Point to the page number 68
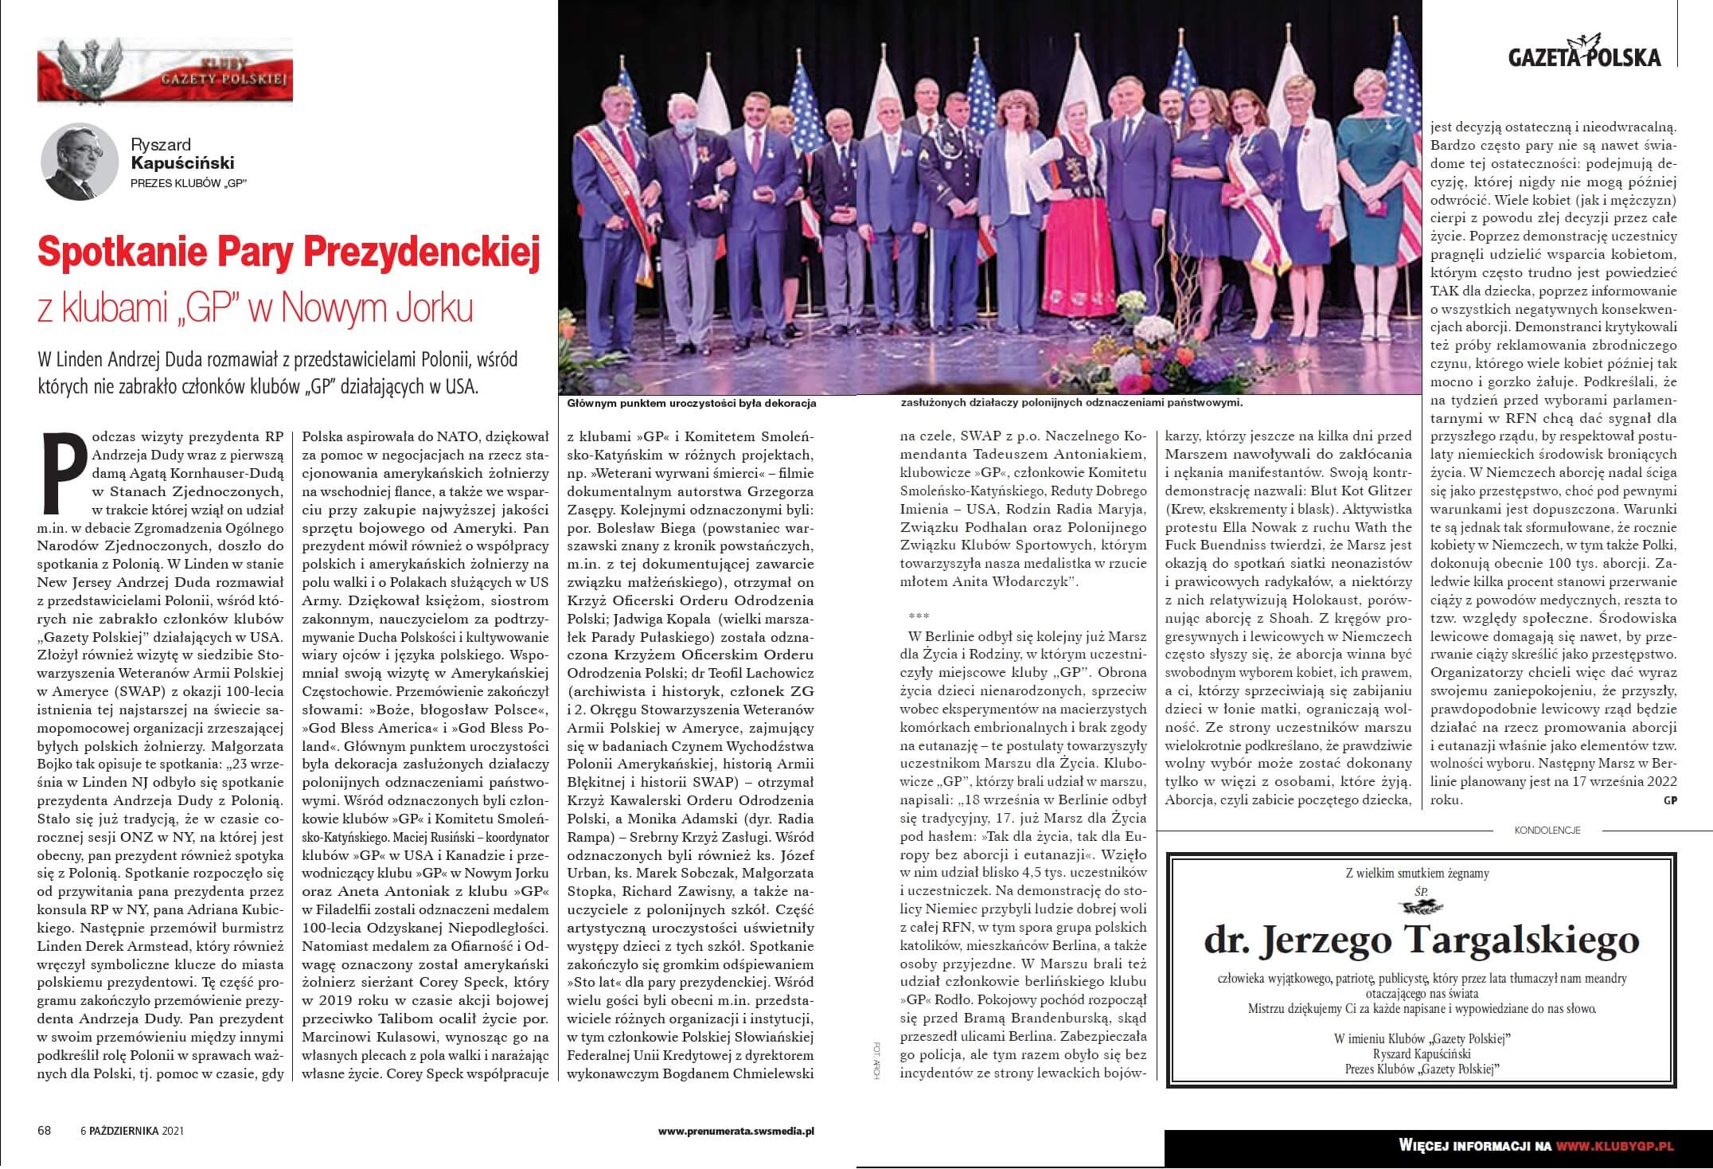(45, 1131)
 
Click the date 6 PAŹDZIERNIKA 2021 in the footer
(133, 1131)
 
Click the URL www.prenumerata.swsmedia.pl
(736, 1131)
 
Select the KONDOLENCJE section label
(1547, 830)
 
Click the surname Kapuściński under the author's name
(182, 163)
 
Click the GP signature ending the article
(1668, 801)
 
